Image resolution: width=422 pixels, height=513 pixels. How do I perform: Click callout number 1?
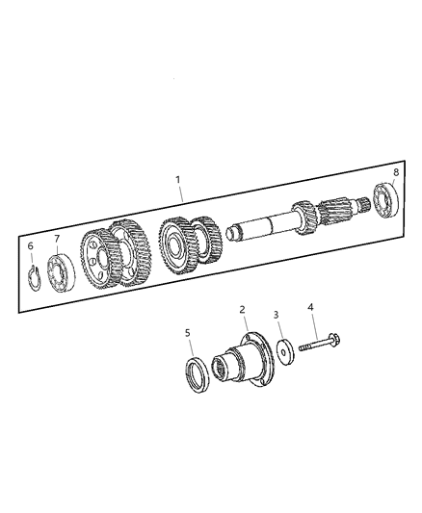tap(177, 179)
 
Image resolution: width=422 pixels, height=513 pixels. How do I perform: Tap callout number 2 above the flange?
tap(244, 310)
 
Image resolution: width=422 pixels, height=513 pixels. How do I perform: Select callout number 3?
tap(277, 315)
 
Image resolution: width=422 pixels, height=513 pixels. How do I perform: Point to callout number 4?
tap(311, 308)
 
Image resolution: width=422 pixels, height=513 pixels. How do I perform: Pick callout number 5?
tap(188, 332)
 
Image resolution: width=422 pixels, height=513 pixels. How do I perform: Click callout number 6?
tap(30, 246)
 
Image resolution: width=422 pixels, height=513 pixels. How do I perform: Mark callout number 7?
tap(57, 239)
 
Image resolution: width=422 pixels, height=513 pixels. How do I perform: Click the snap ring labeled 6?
tap(34, 278)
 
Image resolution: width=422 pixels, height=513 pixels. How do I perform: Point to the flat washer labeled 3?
tap(285, 349)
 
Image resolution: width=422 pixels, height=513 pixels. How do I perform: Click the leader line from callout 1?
tap(181, 195)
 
